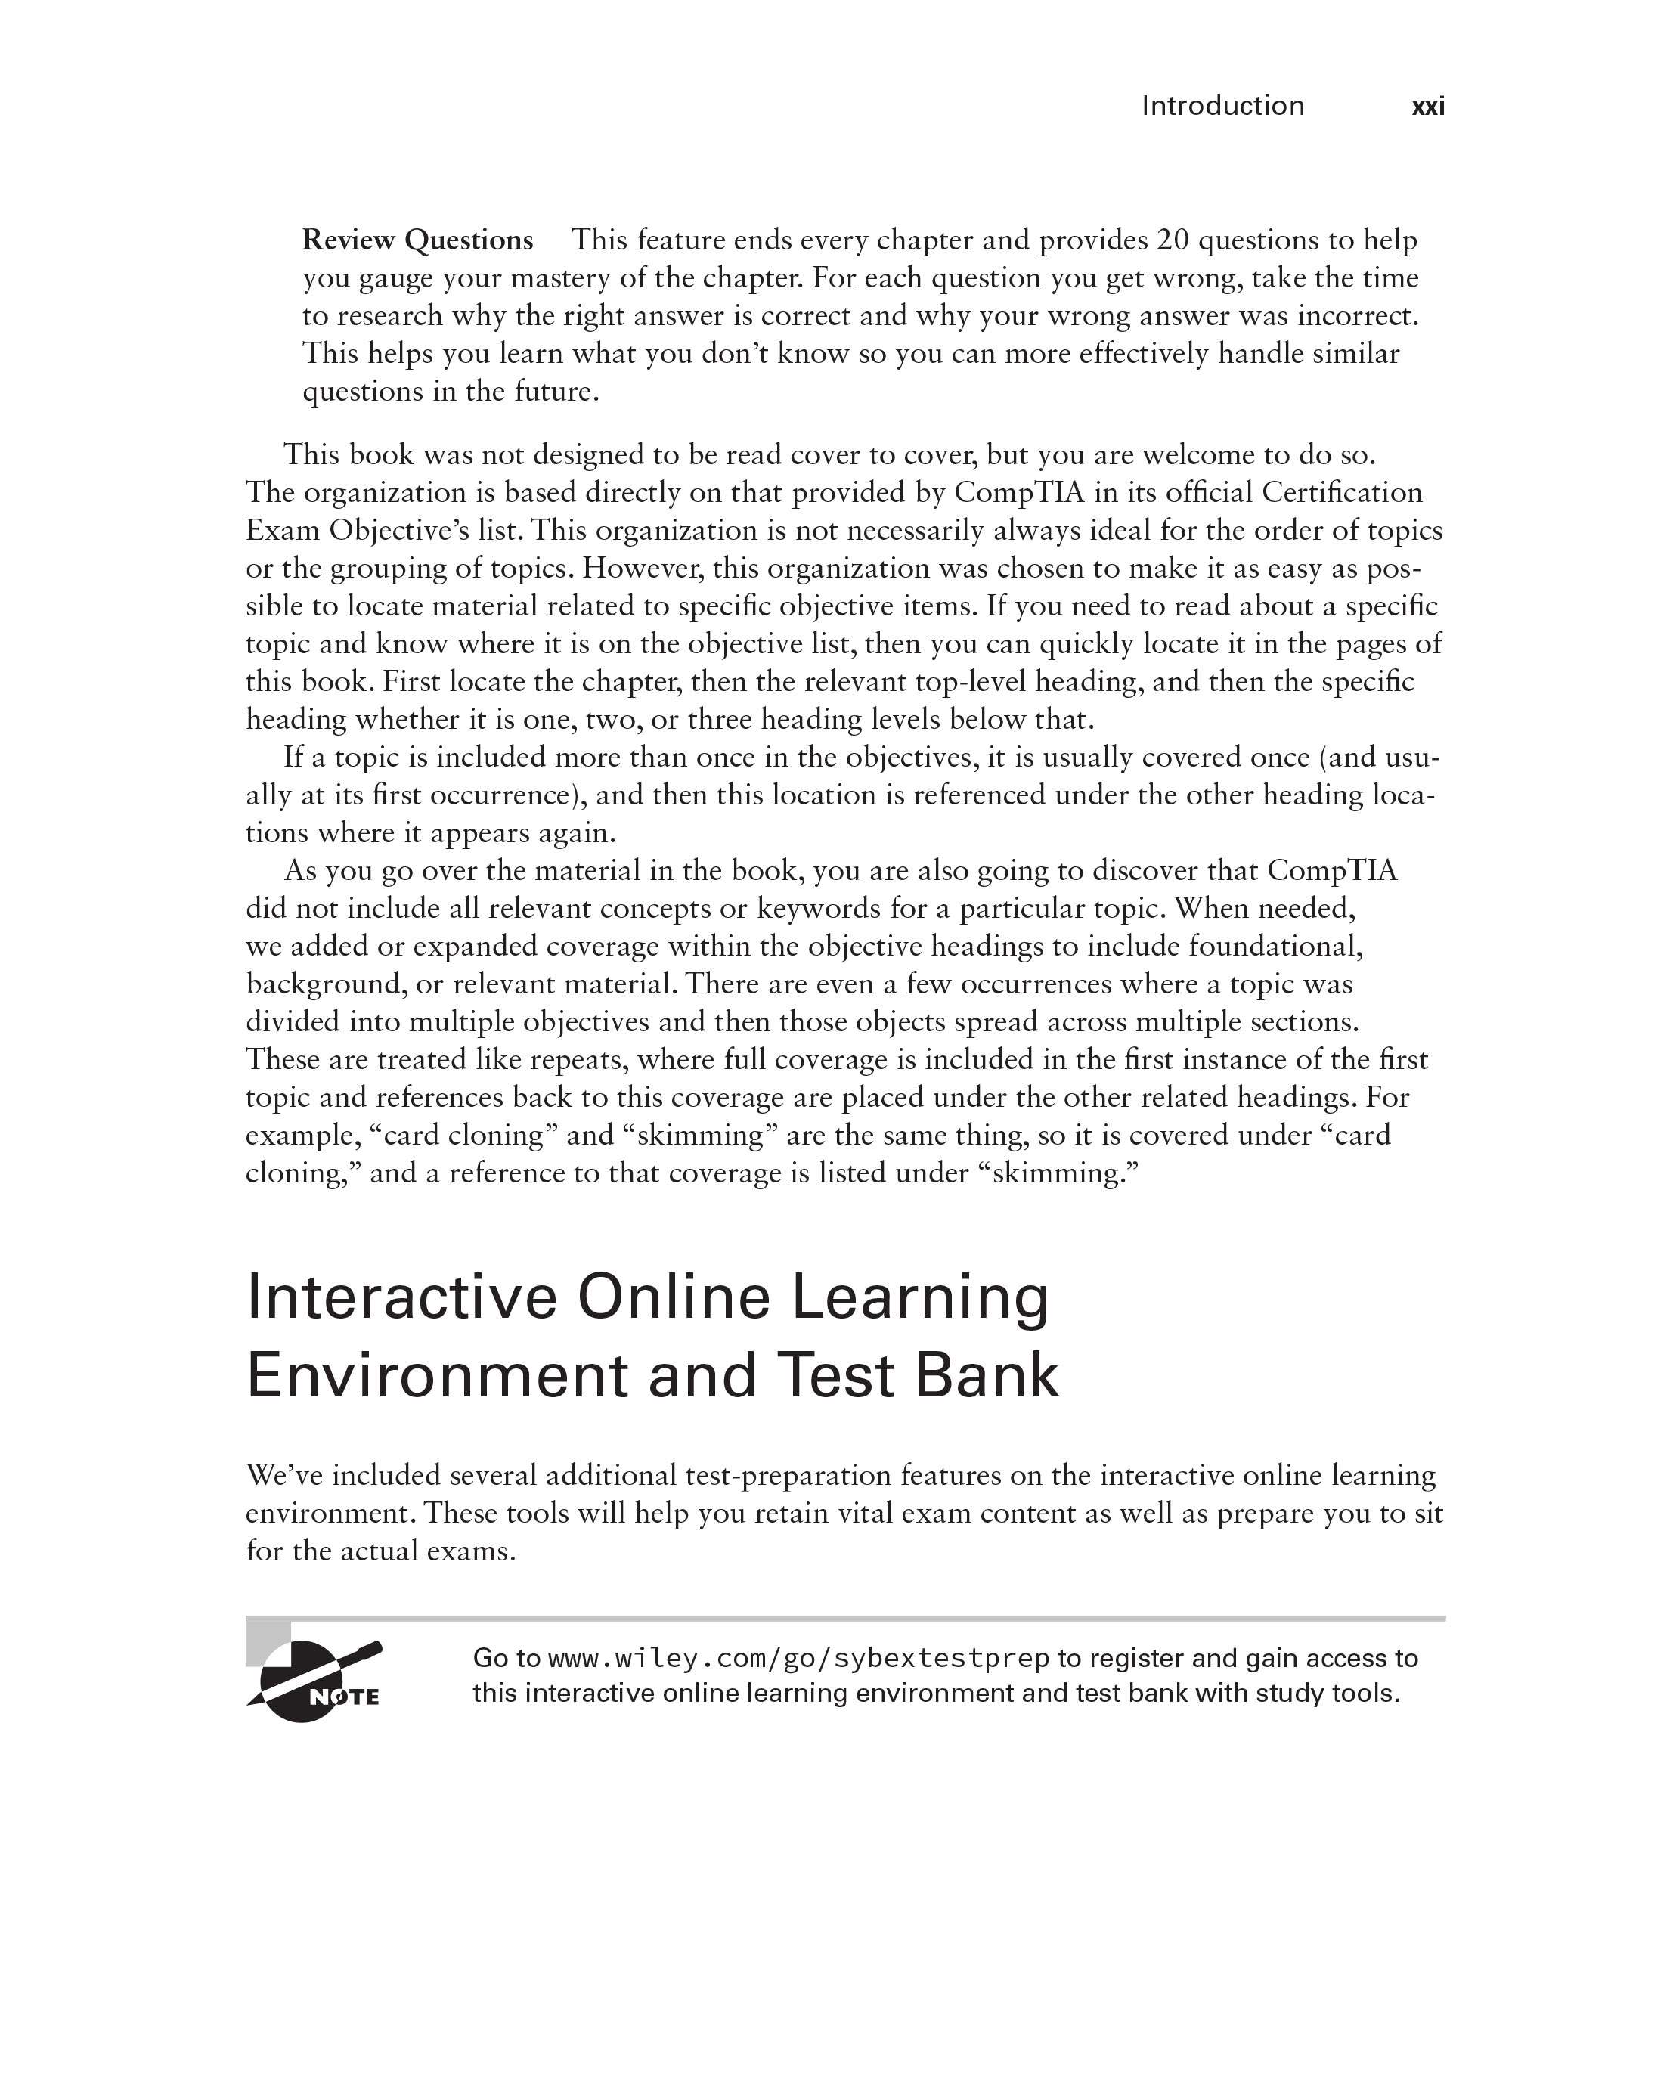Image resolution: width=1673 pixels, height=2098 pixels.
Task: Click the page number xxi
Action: coord(1428,106)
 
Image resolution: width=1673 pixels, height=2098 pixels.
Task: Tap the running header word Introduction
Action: coord(1222,106)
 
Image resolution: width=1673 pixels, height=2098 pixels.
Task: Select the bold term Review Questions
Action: coord(417,240)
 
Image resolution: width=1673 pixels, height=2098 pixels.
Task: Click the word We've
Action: coord(284,1475)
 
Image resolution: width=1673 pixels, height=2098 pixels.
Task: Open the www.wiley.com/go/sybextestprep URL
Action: coord(798,1658)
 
